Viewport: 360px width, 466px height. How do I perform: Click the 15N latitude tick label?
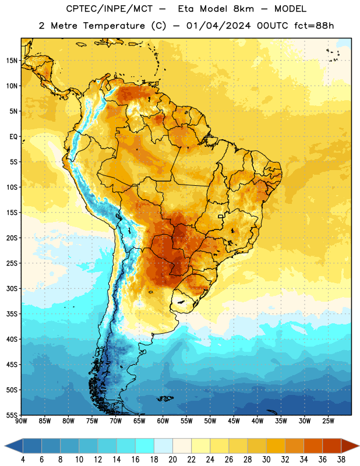point(12,61)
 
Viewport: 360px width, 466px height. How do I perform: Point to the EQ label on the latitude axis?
point(13,137)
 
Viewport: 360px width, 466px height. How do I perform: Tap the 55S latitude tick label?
point(12,415)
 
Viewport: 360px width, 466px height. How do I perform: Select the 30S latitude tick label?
point(12,288)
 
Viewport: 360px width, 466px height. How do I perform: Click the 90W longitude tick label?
point(21,421)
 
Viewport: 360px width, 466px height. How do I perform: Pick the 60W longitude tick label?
point(163,421)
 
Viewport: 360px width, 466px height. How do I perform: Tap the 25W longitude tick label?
point(328,421)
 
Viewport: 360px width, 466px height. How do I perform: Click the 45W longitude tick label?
point(234,421)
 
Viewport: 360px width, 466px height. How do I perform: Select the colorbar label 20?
point(172,460)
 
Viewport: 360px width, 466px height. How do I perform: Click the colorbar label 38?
point(341,460)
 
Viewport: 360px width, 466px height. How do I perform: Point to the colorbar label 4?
point(23,460)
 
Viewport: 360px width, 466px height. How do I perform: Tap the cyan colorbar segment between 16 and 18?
point(144,446)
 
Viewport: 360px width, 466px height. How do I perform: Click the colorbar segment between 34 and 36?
point(313,446)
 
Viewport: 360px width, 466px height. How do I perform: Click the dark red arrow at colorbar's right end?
point(350,446)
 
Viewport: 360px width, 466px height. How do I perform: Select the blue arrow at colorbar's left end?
point(14,446)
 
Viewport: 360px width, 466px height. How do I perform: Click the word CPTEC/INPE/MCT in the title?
point(109,9)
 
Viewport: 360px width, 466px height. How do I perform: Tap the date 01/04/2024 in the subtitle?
point(218,26)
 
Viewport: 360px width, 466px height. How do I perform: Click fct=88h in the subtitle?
point(314,26)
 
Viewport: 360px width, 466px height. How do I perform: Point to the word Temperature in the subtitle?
point(114,26)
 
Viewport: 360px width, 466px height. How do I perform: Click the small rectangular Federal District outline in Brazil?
point(221,216)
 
